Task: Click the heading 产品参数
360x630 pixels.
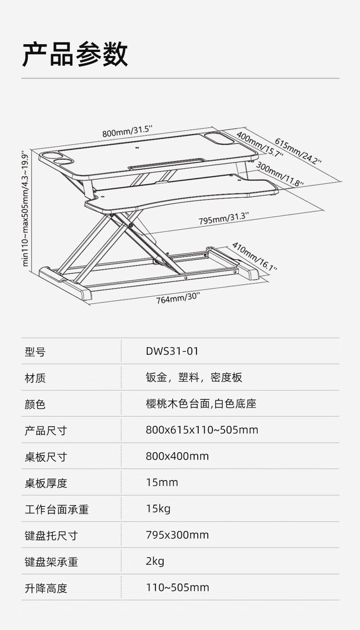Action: point(75,54)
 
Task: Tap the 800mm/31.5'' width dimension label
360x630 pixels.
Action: point(127,131)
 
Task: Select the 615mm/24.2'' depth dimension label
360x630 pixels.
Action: point(298,151)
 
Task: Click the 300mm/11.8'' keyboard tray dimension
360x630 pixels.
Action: point(280,175)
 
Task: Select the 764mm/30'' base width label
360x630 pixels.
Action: point(178,298)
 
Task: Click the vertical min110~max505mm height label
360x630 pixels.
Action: point(26,209)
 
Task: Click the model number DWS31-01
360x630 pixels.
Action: point(172,351)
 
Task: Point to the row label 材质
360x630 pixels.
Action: point(35,378)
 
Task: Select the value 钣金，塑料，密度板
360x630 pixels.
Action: point(194,377)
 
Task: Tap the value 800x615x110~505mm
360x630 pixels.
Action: point(202,430)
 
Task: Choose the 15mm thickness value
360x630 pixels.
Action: point(162,482)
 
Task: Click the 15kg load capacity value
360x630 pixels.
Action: point(158,509)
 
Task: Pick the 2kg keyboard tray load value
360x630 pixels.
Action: point(155,561)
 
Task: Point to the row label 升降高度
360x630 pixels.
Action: point(46,588)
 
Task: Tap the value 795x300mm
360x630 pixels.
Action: point(177,535)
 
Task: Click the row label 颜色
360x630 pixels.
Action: point(35,404)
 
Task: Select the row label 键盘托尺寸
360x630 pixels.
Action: point(51,536)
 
